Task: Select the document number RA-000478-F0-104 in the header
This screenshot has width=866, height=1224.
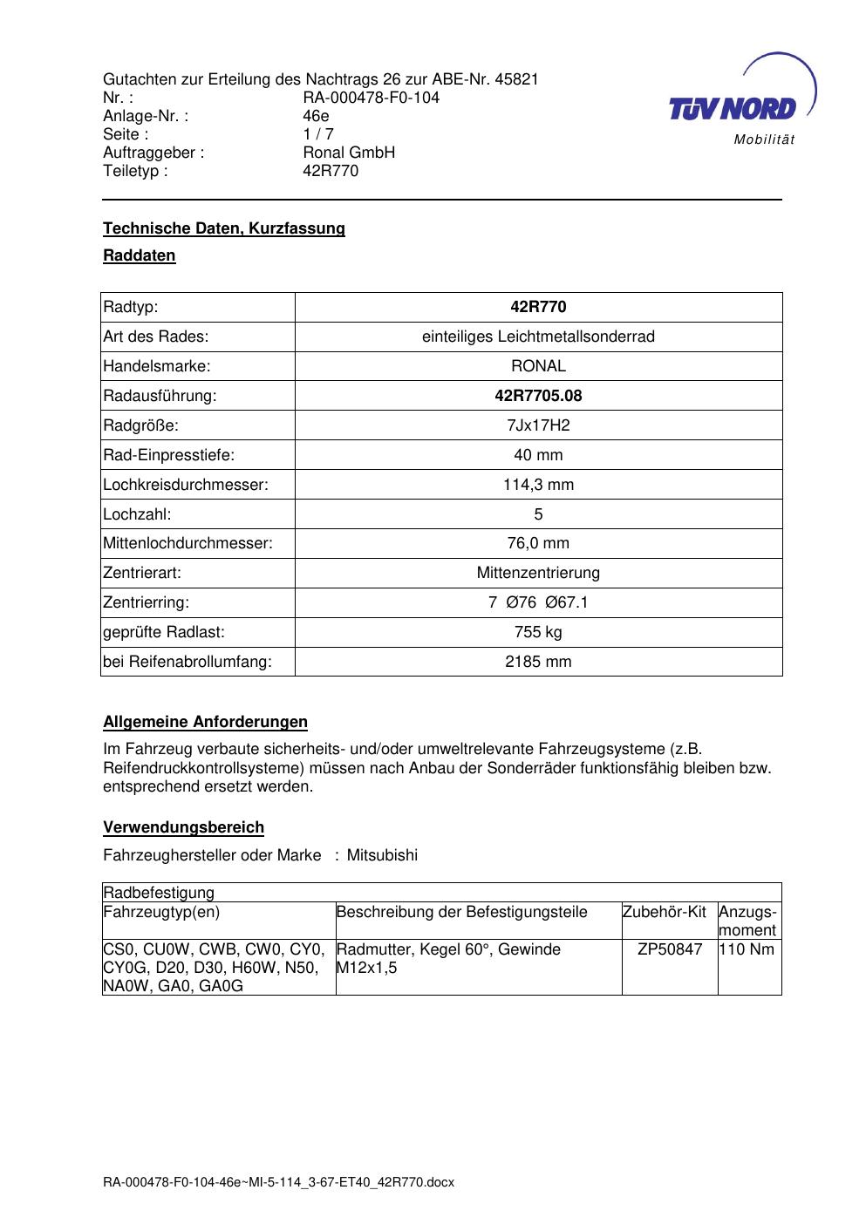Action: point(371,98)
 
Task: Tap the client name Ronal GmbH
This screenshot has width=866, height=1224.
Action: point(349,153)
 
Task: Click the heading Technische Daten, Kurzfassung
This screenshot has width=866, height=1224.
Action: point(224,228)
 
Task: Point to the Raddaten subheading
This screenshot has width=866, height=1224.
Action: point(140,255)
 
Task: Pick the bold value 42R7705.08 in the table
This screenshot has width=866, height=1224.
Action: point(538,396)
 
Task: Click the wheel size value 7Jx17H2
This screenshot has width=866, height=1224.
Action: point(538,425)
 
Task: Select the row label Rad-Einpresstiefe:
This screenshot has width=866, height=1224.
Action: point(169,455)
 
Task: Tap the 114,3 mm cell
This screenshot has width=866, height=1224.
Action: point(538,485)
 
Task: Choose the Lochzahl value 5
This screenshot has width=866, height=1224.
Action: point(538,514)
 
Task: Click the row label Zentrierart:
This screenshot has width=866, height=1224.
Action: point(142,573)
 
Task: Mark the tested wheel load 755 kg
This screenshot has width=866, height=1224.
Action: point(538,632)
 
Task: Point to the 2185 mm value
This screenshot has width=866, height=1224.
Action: point(538,662)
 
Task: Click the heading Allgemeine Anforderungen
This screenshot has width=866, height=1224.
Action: point(206,722)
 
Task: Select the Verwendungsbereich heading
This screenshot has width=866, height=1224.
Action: point(184,827)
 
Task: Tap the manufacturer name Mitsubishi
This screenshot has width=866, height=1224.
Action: point(382,855)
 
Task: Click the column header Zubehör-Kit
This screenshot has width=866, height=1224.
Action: point(665,912)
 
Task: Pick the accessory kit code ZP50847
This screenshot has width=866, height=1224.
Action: point(670,949)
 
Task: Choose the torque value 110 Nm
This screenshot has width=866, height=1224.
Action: point(747,949)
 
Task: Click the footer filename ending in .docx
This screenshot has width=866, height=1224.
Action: point(279,1183)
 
